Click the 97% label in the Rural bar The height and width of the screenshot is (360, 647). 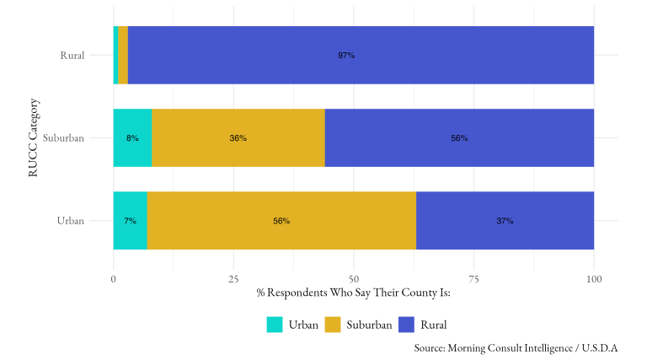coord(346,56)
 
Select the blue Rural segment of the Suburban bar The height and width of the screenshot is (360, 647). coord(459,137)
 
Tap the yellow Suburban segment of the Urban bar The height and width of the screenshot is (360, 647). coord(281,220)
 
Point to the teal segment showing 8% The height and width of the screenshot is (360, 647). coord(132,137)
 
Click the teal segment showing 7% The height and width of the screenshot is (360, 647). coord(130,220)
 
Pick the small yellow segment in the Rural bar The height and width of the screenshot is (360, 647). coord(123,56)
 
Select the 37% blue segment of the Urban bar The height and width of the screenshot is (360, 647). coord(505,220)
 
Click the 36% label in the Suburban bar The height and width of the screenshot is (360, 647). coord(238,138)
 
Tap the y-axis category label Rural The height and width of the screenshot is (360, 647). coord(72,56)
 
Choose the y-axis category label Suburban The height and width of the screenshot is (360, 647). coord(63,138)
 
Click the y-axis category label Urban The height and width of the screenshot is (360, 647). coord(70,221)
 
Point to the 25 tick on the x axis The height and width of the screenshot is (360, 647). coord(233,279)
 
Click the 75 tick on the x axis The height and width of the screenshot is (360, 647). coord(473,279)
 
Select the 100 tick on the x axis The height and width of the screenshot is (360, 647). coord(594,279)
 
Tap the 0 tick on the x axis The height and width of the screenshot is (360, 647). coord(114,279)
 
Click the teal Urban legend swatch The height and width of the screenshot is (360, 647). coord(275,325)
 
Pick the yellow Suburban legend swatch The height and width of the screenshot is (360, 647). coord(335,325)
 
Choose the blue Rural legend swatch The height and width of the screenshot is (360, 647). coord(408,325)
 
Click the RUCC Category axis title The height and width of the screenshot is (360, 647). coord(33,138)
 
